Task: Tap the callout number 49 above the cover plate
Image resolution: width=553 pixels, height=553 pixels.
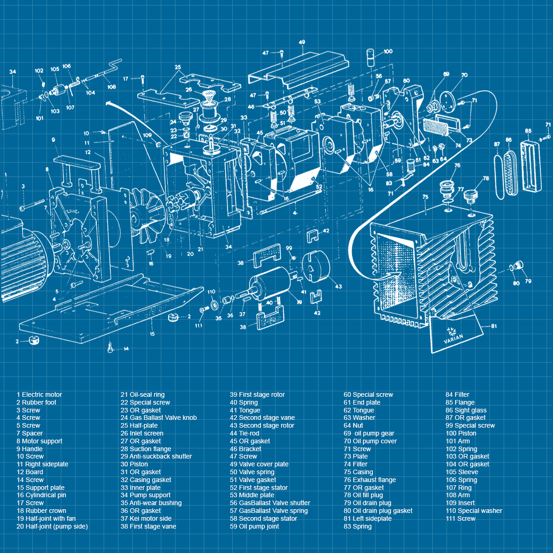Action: coord(302,42)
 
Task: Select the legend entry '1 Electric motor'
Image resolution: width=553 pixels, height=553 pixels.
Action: coord(39,394)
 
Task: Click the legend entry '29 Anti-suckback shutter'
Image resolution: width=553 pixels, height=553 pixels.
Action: coord(156,456)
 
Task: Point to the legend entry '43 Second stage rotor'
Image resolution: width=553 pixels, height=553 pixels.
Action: coord(262,425)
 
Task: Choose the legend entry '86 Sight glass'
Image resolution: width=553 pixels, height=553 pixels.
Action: coord(466,411)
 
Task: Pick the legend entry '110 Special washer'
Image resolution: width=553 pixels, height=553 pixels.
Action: coord(474,511)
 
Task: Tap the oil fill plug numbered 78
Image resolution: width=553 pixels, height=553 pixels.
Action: coord(471,197)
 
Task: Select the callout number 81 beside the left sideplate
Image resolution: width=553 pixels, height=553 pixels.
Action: coord(494,326)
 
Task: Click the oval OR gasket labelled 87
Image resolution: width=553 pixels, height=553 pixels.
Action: coord(499,177)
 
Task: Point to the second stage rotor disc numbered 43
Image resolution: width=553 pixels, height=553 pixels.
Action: coord(316,267)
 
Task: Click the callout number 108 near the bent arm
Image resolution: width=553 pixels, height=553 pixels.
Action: coord(112,87)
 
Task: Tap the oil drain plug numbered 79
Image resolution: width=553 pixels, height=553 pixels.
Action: coord(519,265)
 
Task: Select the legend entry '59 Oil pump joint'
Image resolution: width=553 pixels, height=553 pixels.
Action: coord(254,526)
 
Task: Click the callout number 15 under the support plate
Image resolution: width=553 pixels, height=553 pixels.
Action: coord(152,334)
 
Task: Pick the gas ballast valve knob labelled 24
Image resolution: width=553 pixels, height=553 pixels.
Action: coord(184,118)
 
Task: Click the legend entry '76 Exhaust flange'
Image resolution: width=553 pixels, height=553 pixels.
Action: coord(370,480)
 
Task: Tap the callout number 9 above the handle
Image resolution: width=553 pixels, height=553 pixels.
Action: coord(53,140)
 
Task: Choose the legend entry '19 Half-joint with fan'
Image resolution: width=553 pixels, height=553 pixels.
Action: coord(46,518)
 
